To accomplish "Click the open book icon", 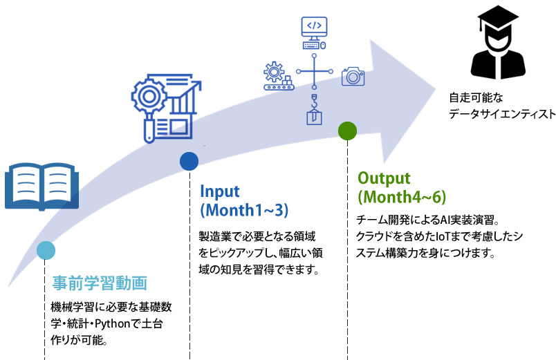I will coord(41,186).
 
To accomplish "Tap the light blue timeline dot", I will coord(45,250).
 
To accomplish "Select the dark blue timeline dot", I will coord(189,161).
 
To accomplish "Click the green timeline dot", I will coord(347,130).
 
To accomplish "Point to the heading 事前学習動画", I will coord(100,283).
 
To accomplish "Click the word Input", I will coord(220,191).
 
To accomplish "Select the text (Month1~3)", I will coord(243,209).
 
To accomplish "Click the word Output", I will coord(384,178).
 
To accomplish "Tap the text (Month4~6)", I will coord(402,197).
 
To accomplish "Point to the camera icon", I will coord(353,76).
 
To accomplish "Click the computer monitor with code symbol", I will coord(314,31).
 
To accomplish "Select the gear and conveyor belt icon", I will coord(278,76).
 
